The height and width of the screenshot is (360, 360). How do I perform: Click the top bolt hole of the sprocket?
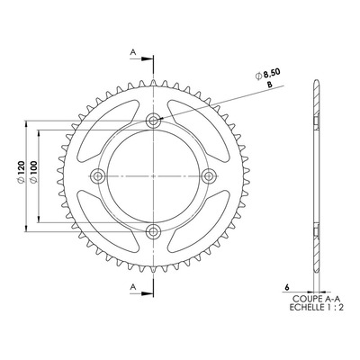pyautogui.click(x=153, y=121)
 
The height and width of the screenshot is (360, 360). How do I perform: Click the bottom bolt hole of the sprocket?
pyautogui.click(x=153, y=231)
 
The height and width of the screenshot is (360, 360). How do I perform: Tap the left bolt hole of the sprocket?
pyautogui.click(x=98, y=176)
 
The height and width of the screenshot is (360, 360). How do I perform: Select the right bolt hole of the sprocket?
pyautogui.click(x=209, y=176)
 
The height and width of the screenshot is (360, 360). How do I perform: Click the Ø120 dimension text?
pyautogui.click(x=21, y=172)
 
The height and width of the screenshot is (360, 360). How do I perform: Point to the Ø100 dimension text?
pyautogui.click(x=33, y=172)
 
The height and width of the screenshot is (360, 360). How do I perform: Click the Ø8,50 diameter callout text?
pyautogui.click(x=268, y=74)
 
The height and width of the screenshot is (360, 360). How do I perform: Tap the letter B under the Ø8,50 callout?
pyautogui.click(x=269, y=85)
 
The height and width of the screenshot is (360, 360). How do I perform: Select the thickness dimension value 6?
pyautogui.click(x=287, y=287)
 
